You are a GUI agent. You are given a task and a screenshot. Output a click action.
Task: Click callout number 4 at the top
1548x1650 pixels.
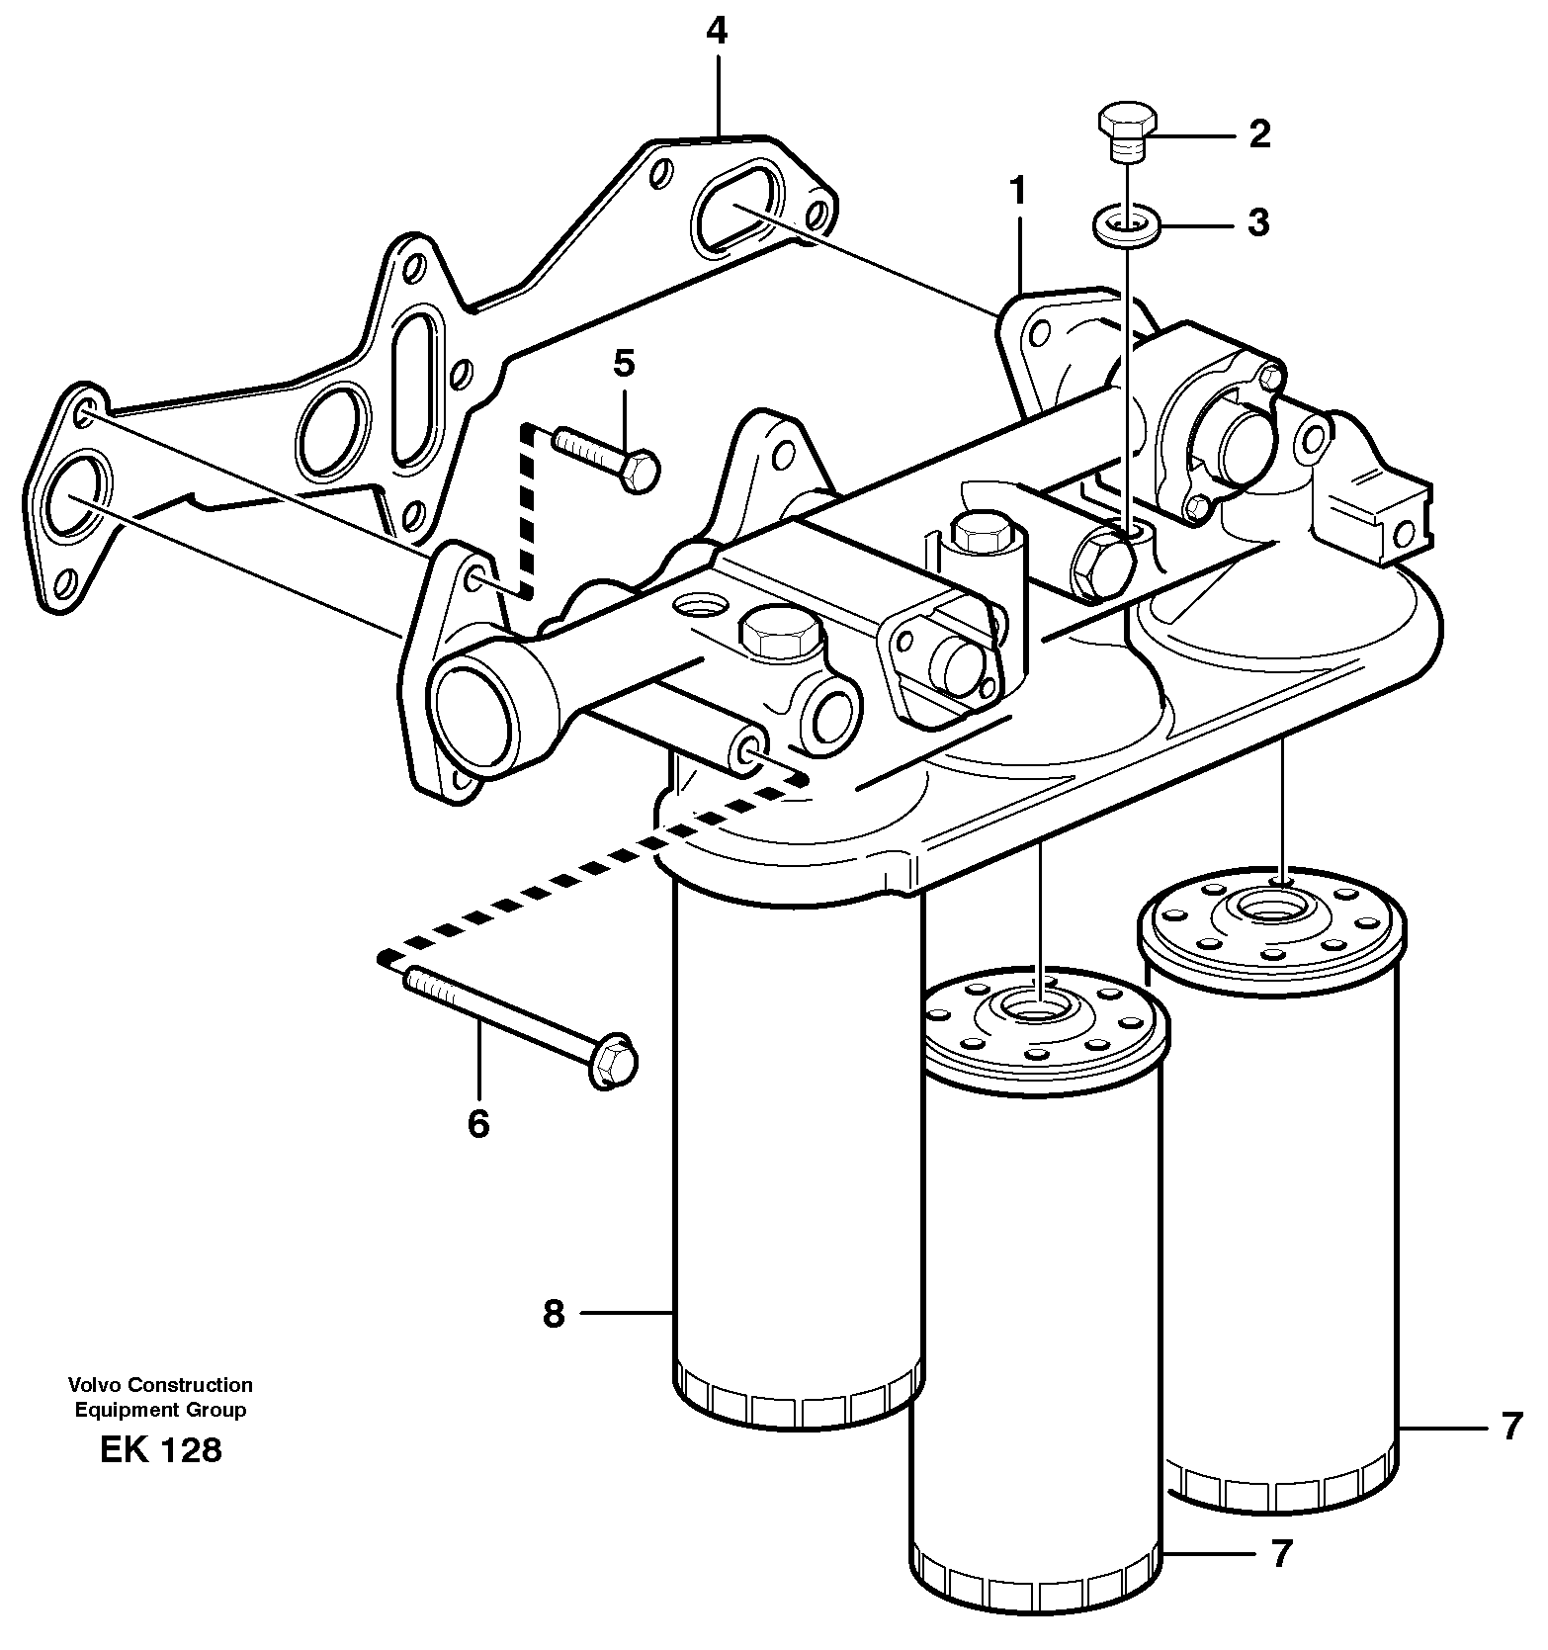(x=717, y=32)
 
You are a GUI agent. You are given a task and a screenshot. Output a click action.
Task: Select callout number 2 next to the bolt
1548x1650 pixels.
(x=1258, y=134)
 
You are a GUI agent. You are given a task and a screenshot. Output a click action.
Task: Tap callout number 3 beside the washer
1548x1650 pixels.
(x=1257, y=223)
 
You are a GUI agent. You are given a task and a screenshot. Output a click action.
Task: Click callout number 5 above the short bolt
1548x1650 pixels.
(x=624, y=364)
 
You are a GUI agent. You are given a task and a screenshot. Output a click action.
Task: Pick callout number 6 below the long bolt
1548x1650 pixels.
(x=478, y=1124)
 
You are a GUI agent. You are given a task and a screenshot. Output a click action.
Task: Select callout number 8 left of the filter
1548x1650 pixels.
(x=554, y=1314)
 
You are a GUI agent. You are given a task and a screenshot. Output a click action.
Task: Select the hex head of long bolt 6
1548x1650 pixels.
(x=613, y=1062)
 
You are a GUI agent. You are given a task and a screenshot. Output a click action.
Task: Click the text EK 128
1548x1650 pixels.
(x=160, y=1450)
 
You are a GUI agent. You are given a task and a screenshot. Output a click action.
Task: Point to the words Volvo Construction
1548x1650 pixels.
(x=160, y=1385)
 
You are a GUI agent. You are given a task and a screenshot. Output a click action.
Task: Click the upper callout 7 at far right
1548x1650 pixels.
(x=1510, y=1428)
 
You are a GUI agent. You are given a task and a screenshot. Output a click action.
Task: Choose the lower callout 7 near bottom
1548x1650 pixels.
(x=1281, y=1554)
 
